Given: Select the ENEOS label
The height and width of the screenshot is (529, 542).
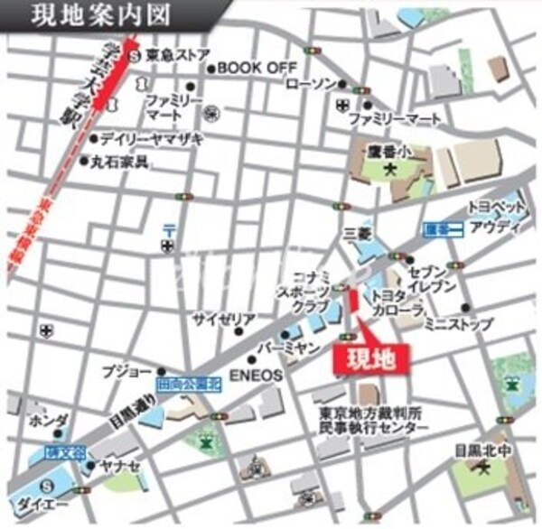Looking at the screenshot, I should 257,373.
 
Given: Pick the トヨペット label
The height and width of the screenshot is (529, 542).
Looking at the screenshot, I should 492,207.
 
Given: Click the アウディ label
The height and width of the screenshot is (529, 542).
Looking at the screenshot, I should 497,226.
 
